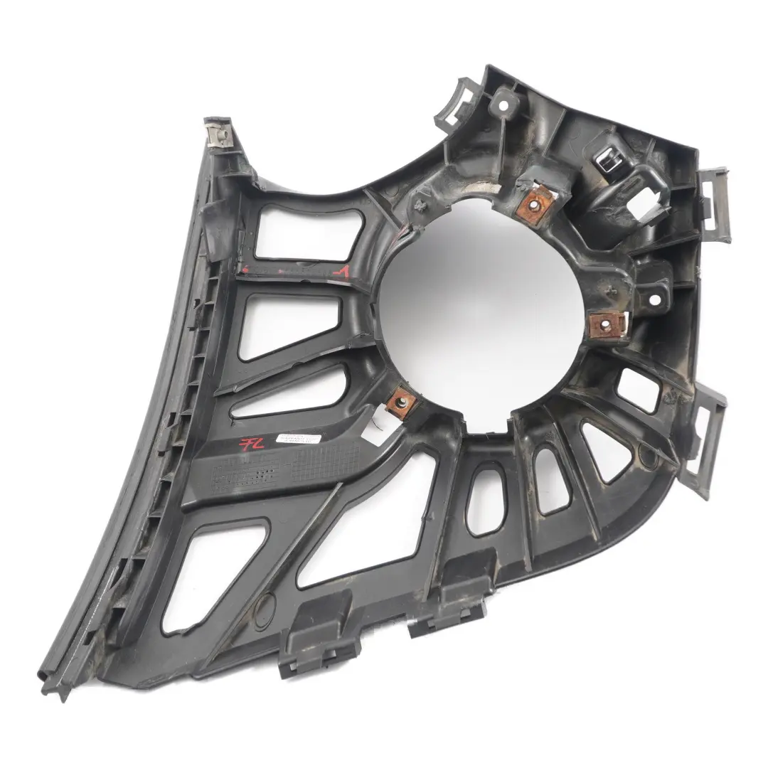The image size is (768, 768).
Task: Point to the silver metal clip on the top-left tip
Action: coord(217,134)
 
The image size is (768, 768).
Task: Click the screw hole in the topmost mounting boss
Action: coord(504,104)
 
